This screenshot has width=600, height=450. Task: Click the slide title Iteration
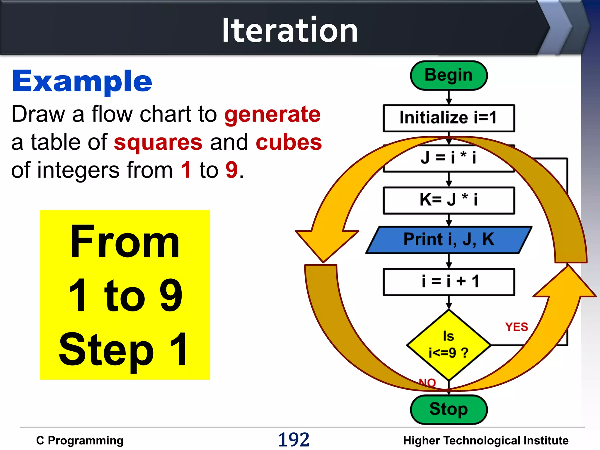(x=289, y=30)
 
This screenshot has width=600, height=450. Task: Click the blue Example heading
(x=82, y=81)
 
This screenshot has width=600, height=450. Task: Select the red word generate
(x=272, y=114)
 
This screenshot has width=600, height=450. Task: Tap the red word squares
(x=158, y=142)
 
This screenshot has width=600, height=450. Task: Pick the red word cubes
(x=289, y=142)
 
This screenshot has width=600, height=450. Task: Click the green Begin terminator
(x=449, y=75)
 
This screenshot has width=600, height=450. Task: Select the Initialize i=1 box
(x=449, y=118)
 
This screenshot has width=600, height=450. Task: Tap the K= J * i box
(x=449, y=200)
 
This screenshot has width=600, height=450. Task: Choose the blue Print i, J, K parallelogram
(x=449, y=240)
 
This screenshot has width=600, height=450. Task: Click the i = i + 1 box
(x=449, y=282)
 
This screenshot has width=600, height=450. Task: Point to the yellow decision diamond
(x=449, y=345)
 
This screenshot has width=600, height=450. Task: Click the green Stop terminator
(x=449, y=409)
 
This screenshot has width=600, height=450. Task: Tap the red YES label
(x=516, y=327)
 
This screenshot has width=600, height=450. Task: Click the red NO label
(x=427, y=382)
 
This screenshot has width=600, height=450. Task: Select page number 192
(x=294, y=440)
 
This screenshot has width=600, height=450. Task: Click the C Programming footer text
(x=80, y=440)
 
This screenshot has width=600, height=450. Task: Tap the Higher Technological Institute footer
(x=485, y=440)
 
